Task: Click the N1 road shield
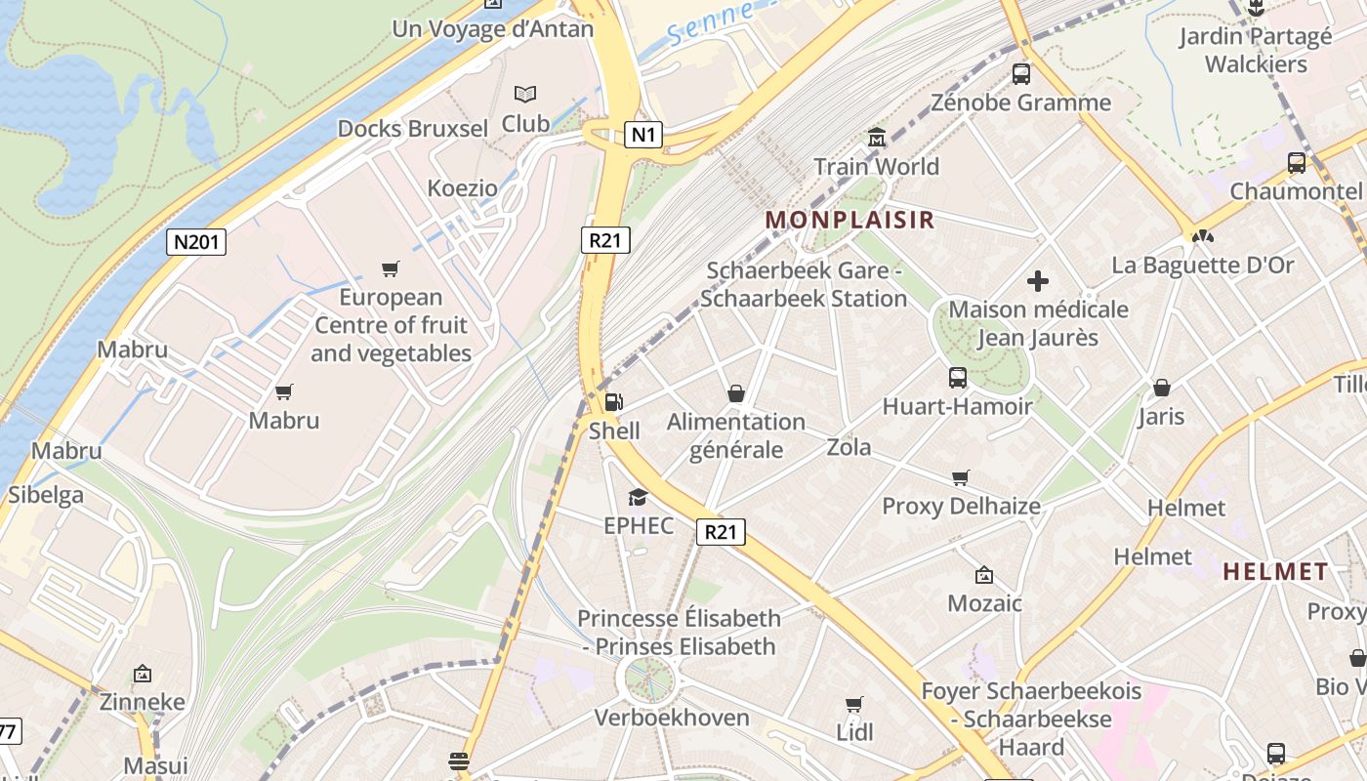(x=643, y=135)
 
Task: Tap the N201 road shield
(x=196, y=242)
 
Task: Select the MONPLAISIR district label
(x=849, y=220)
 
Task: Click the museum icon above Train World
(x=876, y=137)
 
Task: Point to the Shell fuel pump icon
(x=613, y=401)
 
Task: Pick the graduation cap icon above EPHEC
(x=639, y=497)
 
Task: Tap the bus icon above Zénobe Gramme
(x=1021, y=73)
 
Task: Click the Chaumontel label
(x=1295, y=191)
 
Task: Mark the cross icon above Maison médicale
(x=1038, y=281)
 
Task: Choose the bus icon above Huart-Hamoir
(x=958, y=377)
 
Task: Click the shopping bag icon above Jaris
(x=1161, y=388)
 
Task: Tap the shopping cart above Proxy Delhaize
(x=961, y=477)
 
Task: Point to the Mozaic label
(x=984, y=603)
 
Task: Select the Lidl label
(x=854, y=732)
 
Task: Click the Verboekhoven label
(x=672, y=718)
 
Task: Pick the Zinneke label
(x=143, y=702)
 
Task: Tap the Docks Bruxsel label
(x=412, y=128)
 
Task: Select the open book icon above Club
(x=525, y=95)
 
